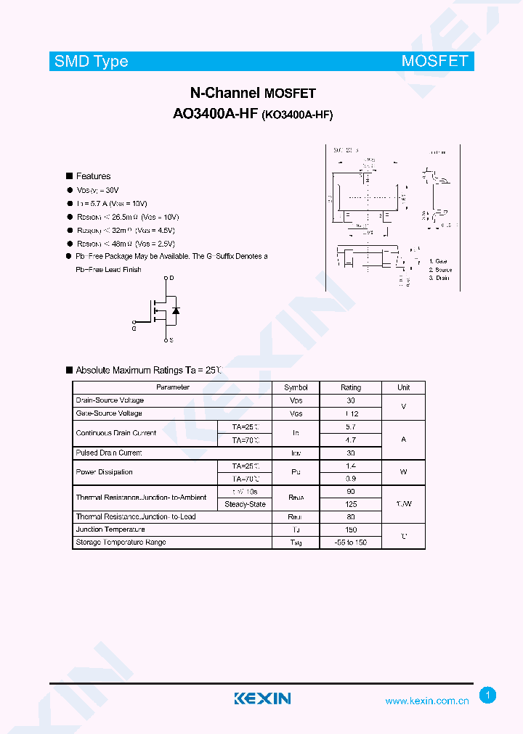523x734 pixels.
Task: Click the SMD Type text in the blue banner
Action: pos(92,62)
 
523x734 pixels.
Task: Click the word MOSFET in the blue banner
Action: pos(434,62)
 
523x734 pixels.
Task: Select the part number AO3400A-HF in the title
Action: pos(215,114)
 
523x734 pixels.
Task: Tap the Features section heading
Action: pos(93,176)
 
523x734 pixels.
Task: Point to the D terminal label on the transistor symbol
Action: pos(171,279)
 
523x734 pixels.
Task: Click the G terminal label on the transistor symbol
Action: pos(134,329)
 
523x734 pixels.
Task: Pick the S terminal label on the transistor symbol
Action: pos(171,339)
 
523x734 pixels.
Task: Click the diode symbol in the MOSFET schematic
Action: pos(175,310)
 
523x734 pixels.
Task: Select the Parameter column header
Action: pos(173,387)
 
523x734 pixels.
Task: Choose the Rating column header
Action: pos(351,387)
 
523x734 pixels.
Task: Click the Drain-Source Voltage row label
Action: pos(110,400)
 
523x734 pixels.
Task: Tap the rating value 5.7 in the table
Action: pos(351,426)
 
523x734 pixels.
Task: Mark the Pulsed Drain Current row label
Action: pos(109,453)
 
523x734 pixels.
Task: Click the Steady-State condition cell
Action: pos(245,504)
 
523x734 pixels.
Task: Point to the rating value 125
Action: pos(351,504)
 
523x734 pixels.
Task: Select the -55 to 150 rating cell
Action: pos(351,543)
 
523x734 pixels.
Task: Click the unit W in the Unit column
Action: pos(403,472)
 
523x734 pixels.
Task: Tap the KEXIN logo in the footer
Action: pos(262,698)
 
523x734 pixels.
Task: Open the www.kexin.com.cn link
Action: pos(426,701)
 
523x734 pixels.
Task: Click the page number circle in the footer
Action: pos(488,696)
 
